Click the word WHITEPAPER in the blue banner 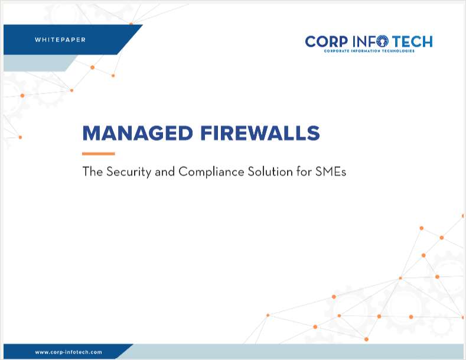(x=60, y=40)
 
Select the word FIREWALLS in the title (x=260, y=133)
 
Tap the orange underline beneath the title (x=99, y=154)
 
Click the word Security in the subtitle (x=129, y=172)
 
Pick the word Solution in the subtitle (x=270, y=171)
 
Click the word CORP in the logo (x=327, y=41)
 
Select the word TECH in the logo (x=412, y=41)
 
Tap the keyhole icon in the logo (x=382, y=41)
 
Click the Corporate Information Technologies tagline (x=369, y=51)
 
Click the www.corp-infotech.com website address (x=69, y=352)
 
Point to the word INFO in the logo (x=370, y=41)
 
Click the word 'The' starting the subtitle (x=92, y=171)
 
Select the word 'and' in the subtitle (x=165, y=172)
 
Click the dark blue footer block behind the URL (x=66, y=352)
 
